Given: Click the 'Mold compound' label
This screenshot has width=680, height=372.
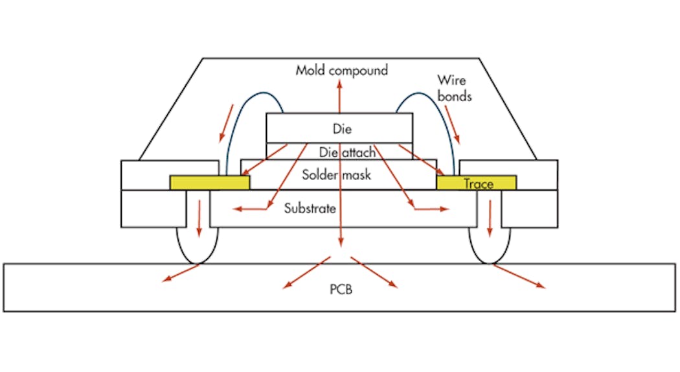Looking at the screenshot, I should point(341,70).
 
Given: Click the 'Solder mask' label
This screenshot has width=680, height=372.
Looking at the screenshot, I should point(336,174).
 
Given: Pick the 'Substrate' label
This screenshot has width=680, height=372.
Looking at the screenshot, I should point(310,208).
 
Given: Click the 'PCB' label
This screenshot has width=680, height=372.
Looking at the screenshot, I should point(339,289).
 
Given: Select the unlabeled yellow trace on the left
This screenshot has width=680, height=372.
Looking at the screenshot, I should point(209,183).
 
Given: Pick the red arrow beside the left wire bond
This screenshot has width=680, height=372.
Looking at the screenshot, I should point(227,123).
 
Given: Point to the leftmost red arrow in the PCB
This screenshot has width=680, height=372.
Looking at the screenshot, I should point(180,273).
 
